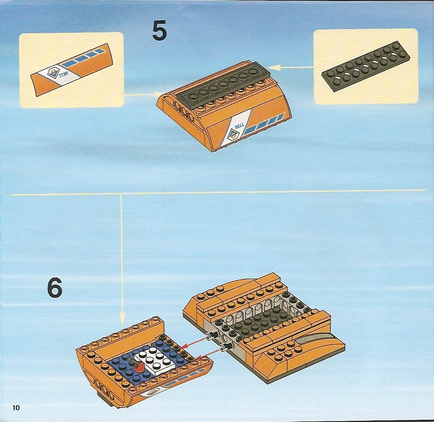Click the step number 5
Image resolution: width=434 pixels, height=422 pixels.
[x=160, y=31]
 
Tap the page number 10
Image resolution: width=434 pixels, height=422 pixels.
[x=16, y=407]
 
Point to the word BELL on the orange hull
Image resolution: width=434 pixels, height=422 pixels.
[x=240, y=126]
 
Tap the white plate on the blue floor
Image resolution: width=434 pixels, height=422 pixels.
[x=155, y=361]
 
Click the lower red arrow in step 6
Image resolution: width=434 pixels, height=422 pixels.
[x=210, y=353]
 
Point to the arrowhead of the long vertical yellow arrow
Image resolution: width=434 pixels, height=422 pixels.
[x=122, y=317]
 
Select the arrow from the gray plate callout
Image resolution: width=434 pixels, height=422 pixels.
[x=291, y=67]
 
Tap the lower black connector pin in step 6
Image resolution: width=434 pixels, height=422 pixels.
[x=226, y=347]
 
